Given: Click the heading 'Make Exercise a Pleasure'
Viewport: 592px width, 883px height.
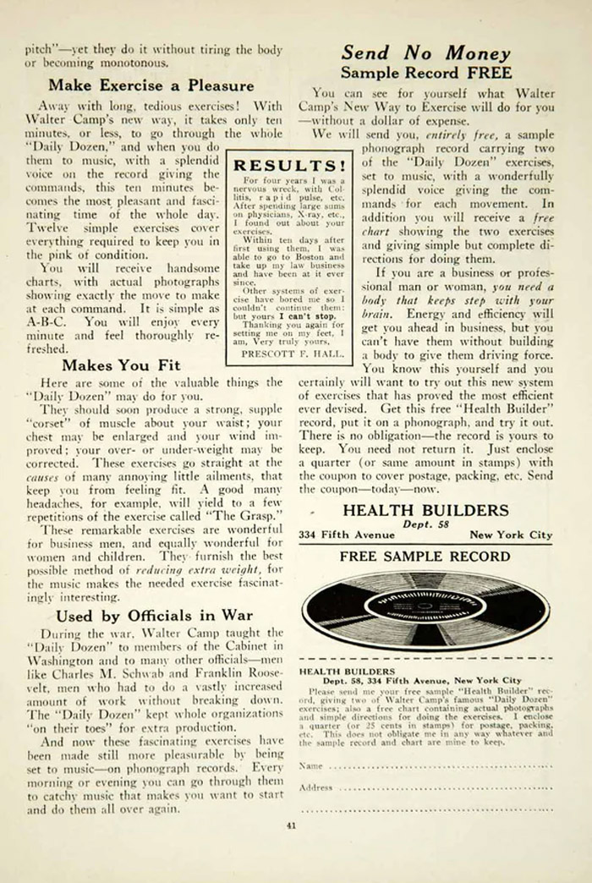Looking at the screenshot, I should click(151, 85).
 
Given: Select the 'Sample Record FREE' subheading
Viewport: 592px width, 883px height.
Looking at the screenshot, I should click(425, 73).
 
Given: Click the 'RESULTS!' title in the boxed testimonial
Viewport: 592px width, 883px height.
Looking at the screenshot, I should click(289, 166).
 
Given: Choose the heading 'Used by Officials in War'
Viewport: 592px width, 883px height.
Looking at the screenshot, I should click(154, 615).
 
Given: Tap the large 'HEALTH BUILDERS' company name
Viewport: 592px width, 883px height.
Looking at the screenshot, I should click(425, 510).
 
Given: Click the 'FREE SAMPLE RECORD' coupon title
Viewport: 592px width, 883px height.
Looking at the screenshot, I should click(425, 557).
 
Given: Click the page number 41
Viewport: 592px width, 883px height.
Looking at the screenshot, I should click(291, 825).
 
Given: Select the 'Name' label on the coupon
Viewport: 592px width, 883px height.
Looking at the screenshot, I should click(310, 765).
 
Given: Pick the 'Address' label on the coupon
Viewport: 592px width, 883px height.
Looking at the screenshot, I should click(315, 787).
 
